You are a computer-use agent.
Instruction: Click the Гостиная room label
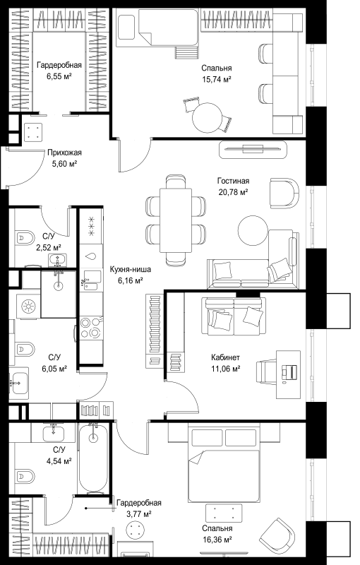pos(233,181)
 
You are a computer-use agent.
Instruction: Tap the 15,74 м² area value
pos(216,79)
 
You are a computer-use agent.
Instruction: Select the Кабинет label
pos(225,357)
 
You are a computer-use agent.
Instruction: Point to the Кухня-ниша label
pos(130,269)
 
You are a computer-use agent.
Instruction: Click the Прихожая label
pos(64,153)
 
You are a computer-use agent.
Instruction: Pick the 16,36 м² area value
pos(217,540)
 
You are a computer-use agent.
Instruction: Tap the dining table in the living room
pos(176,220)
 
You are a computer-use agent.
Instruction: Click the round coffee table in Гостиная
pos(253,231)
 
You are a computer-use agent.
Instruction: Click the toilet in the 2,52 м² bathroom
pos(25,238)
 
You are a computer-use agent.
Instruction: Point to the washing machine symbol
pos(28,307)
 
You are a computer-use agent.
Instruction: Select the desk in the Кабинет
pos(288,374)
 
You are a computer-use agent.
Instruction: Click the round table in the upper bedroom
pos(208,118)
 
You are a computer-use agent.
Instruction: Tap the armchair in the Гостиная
pos(284,192)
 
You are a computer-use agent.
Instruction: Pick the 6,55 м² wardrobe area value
pos(59,76)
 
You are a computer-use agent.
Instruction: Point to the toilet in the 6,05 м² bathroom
pos(25,349)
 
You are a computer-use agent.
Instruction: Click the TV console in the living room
pos(253,149)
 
